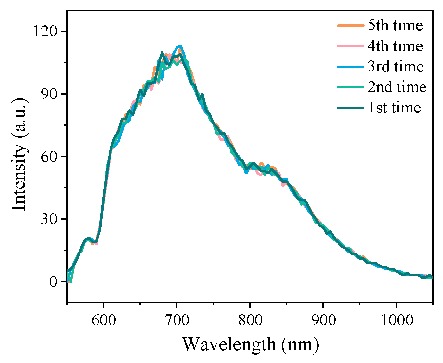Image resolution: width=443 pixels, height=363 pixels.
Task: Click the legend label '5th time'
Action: coord(395,25)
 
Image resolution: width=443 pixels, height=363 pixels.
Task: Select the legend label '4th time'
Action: coord(395,46)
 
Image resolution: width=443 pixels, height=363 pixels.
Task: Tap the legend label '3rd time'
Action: coord(396,66)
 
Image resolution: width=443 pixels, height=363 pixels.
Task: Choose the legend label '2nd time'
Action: coord(397,87)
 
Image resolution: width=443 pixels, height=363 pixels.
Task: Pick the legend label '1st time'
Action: coord(394,107)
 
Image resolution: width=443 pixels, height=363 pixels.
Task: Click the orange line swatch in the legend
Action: coord(350,25)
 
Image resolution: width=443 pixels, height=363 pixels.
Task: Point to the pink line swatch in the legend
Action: coord(350,46)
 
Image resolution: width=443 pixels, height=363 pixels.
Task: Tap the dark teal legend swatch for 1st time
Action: coord(350,107)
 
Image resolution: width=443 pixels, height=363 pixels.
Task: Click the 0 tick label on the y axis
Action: coord(53,281)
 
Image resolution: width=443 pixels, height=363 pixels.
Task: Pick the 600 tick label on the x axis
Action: coord(104,320)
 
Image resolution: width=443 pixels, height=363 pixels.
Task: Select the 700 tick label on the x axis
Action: coord(177,320)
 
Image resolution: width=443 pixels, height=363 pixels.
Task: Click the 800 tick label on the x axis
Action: coord(250,320)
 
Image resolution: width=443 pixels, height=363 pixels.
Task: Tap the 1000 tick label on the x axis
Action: coord(396,320)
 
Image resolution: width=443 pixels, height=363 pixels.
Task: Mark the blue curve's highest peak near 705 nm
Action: coord(180,46)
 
